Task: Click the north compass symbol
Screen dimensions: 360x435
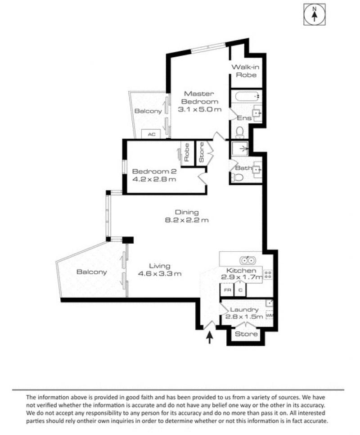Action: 314,15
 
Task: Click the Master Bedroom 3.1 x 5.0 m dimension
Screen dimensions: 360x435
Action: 199,109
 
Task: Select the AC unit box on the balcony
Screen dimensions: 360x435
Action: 151,134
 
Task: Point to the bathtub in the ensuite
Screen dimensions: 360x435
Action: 247,96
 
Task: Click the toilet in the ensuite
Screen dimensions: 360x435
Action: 239,132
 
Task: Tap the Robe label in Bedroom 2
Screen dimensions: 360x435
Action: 187,152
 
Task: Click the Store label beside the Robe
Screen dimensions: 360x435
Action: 202,152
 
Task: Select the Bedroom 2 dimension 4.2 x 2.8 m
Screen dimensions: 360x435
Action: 154,179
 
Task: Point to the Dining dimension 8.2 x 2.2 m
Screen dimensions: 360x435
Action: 187,220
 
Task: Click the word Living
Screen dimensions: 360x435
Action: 160,266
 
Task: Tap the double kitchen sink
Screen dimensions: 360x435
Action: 247,260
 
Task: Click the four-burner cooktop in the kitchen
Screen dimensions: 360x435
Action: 268,274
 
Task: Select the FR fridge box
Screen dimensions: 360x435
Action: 228,290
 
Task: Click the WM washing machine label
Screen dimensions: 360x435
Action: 270,315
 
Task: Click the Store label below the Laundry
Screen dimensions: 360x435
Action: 246,334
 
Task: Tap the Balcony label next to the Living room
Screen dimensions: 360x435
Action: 92,272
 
